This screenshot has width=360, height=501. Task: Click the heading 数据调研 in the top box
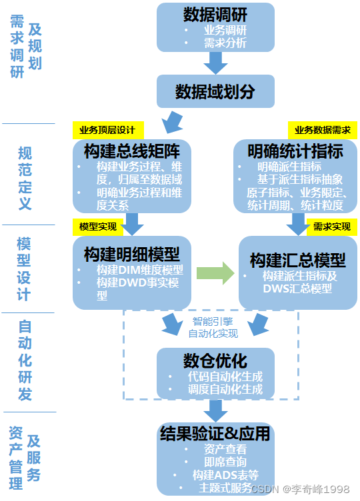click(215, 15)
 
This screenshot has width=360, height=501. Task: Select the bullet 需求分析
click(225, 43)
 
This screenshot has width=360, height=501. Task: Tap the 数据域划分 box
click(215, 91)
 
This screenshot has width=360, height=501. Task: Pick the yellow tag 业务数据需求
click(323, 130)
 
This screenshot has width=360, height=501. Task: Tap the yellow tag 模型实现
click(98, 227)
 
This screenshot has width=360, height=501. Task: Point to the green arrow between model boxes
click(215, 272)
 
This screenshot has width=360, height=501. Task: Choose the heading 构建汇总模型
click(297, 259)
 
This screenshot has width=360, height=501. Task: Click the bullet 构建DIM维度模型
click(139, 270)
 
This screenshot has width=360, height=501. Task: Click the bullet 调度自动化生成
click(225, 389)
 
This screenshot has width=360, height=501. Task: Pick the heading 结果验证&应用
click(215, 434)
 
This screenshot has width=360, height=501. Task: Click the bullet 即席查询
click(225, 462)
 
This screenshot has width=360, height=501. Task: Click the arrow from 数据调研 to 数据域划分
click(215, 63)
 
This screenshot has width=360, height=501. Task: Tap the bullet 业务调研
click(225, 31)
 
